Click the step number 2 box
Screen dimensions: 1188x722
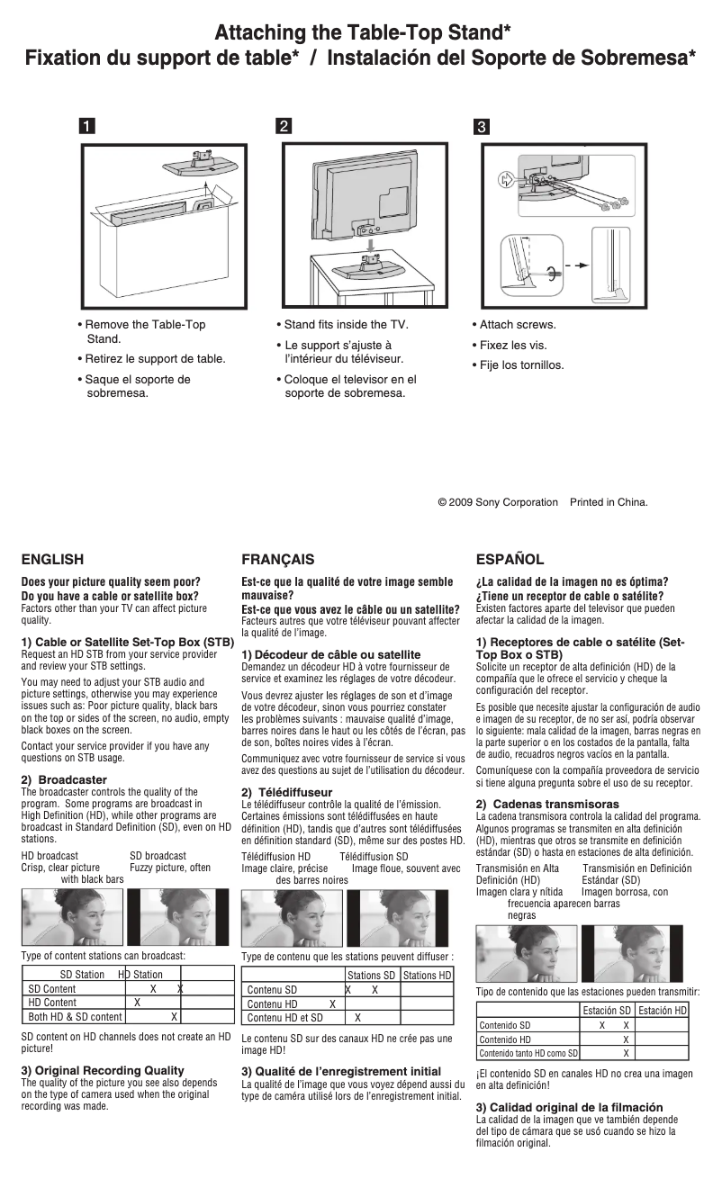284,127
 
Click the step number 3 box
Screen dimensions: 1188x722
482,127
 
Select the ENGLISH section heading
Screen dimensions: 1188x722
52,559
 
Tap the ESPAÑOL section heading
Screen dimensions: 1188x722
510,559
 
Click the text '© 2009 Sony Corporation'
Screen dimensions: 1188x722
497,502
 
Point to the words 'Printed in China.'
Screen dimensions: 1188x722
609,502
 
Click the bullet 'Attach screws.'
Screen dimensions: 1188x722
517,325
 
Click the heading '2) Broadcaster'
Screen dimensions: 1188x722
64,779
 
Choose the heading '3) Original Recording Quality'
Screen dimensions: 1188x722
103,1071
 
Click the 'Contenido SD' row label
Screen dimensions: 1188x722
504,1025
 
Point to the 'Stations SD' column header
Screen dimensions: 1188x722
372,976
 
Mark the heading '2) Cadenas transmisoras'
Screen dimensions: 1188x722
547,804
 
